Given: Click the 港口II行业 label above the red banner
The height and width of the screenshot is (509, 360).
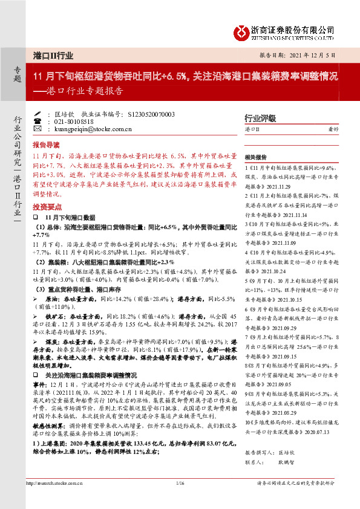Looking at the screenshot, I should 53,55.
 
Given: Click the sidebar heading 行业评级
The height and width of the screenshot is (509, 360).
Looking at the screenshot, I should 260,118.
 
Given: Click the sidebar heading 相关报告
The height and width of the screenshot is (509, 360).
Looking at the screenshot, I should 258,155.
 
